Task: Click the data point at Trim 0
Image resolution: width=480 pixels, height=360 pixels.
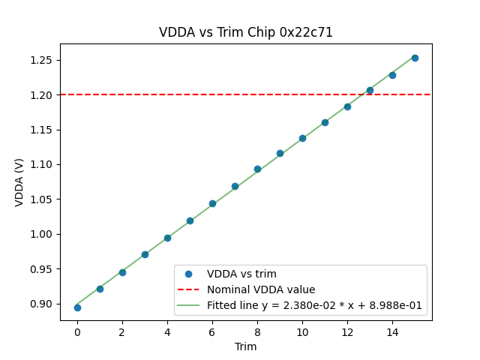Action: coord(77,307)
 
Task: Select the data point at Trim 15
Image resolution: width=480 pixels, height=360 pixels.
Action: coord(415,58)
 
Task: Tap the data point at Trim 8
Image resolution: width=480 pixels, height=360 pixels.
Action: coord(257,169)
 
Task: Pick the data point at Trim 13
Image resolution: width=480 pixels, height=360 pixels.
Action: coord(370,90)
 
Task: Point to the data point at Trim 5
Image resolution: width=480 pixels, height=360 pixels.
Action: coord(190,220)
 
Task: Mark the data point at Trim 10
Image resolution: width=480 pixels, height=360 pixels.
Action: coord(302,138)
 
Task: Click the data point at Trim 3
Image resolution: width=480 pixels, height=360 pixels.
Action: coord(145,254)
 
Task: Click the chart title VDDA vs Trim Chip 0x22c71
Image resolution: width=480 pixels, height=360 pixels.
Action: coord(246,32)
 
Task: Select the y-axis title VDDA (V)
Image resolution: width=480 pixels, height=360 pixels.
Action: coord(19,182)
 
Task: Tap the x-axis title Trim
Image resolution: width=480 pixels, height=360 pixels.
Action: coord(246,346)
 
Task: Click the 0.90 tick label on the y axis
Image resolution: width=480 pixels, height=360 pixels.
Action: coord(41,304)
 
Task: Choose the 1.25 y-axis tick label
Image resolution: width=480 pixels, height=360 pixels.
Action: coord(41,60)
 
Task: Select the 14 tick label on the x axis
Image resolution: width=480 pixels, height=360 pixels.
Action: coord(392,331)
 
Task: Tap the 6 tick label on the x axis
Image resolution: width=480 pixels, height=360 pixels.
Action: coord(212,331)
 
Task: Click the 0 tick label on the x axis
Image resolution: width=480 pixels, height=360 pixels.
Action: coord(77,331)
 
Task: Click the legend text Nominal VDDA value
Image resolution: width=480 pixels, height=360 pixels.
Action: coord(261,289)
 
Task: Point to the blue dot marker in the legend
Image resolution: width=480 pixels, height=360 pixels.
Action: coord(188,274)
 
